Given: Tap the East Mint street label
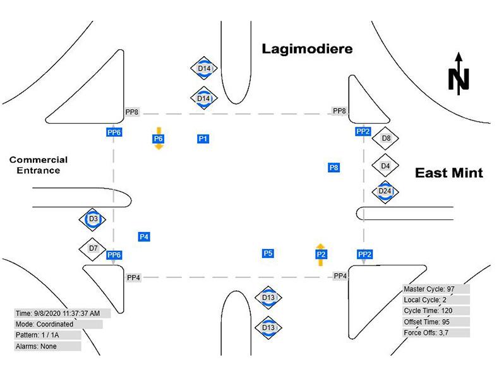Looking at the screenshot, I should coord(448,173).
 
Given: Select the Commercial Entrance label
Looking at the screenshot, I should coord(39,165).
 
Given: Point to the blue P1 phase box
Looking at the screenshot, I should coord(203,138).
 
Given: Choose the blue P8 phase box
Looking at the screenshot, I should coord(334,168).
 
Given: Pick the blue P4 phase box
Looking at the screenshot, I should coord(144,236).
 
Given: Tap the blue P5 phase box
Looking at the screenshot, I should coord(268,253).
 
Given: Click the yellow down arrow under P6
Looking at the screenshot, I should coord(159,146).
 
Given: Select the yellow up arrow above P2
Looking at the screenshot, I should coord(320,246).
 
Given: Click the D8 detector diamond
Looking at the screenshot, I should coord(386,138).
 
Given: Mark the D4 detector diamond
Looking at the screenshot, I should coord(385,166).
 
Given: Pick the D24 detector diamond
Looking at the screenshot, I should coord(385,192).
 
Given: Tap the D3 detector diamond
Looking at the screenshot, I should coord(92,219).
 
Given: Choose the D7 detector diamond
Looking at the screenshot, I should coord(93,248).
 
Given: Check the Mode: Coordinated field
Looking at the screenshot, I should coord(58,324).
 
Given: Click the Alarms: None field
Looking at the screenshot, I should coord(47,346).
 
